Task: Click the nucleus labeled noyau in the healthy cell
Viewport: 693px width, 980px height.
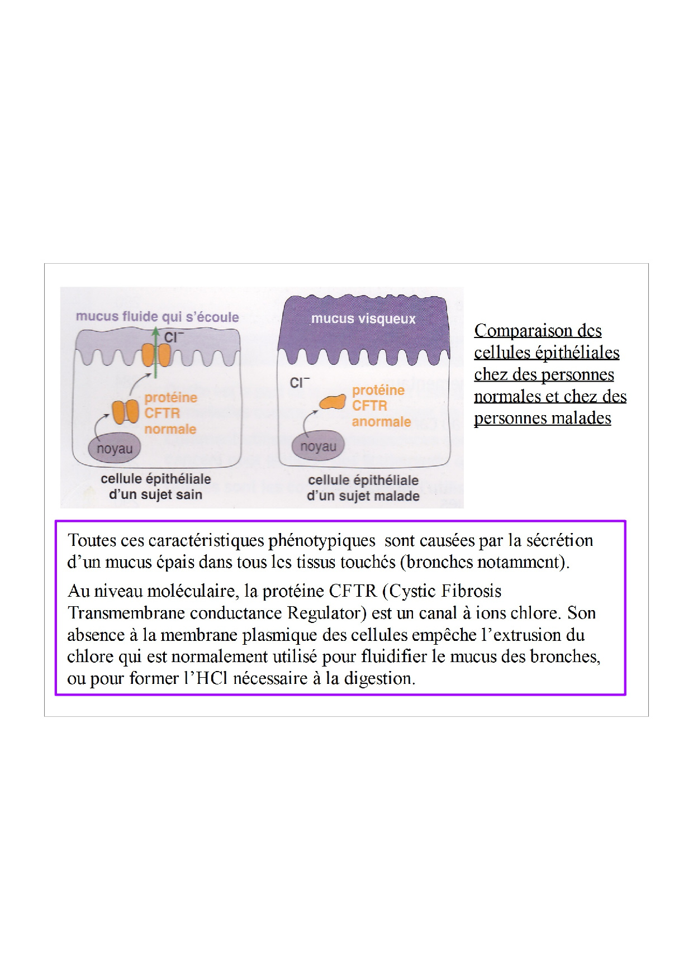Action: tap(114, 448)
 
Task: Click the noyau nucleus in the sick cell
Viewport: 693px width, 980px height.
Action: tap(318, 446)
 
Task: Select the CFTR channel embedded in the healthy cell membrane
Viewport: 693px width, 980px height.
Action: tap(156, 355)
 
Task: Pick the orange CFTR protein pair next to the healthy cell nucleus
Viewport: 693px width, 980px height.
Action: tap(126, 412)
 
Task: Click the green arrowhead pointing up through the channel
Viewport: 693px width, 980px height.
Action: tap(156, 331)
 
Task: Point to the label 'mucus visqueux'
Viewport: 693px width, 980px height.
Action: tap(363, 318)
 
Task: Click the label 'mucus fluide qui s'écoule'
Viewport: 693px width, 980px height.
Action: tap(157, 317)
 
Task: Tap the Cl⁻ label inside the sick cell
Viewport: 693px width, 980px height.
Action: tap(300, 383)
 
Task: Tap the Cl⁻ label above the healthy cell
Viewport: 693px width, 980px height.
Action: tap(174, 337)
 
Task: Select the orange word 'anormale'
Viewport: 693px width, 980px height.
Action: tap(381, 421)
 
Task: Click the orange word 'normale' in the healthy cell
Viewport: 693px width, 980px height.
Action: tap(170, 429)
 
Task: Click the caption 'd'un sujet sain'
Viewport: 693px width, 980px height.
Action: tap(155, 494)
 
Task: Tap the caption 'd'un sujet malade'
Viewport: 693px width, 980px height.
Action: tap(363, 496)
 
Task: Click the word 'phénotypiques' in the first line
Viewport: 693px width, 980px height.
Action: tap(322, 541)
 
